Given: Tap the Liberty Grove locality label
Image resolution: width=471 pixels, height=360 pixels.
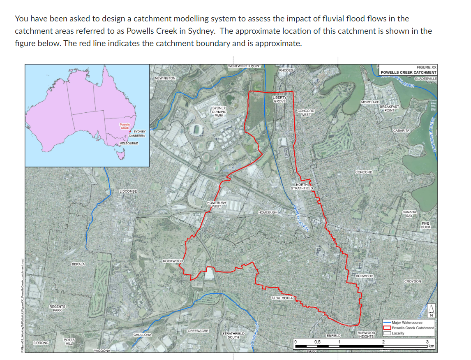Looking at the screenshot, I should [x=279, y=99].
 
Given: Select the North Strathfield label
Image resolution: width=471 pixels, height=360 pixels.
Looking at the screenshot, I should [x=302, y=186].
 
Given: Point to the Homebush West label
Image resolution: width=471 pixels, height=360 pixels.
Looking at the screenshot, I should [x=217, y=204].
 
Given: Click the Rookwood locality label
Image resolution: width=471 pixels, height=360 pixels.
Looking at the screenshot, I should [x=173, y=261].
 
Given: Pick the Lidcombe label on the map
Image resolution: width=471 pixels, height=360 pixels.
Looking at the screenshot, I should [x=131, y=192].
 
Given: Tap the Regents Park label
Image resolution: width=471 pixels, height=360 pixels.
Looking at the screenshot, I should [x=57, y=309].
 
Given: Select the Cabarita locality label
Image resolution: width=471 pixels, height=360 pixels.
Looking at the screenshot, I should [x=401, y=130].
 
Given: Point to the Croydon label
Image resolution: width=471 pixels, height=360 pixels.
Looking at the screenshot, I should [x=412, y=281].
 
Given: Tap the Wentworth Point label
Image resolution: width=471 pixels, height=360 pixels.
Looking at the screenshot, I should [x=244, y=66].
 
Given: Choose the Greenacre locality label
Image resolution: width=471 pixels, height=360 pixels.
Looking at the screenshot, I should [x=198, y=331].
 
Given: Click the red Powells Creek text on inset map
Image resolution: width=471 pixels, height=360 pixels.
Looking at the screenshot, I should [x=125, y=126].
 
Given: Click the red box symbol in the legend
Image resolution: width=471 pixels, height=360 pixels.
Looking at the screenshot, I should [x=387, y=328].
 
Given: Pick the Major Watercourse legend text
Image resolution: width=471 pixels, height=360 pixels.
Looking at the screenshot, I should [x=407, y=323].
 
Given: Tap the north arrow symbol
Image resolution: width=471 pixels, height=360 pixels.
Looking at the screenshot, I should [x=431, y=310].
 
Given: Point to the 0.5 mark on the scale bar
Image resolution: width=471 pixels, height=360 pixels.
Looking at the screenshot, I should [x=317, y=341].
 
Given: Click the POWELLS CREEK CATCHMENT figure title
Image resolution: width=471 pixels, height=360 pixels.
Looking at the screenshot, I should [x=409, y=72].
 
